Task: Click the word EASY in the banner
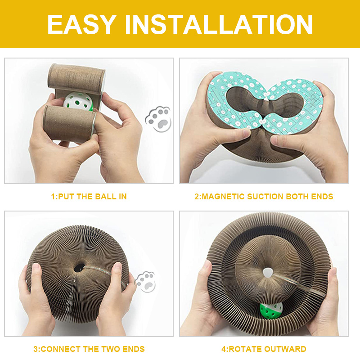[81, 24]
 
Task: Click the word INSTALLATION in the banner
[219, 24]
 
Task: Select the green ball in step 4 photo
[271, 310]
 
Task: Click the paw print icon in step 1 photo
[158, 119]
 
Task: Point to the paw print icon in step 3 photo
[145, 282]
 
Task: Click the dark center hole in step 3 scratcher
[79, 267]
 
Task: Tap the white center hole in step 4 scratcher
[267, 273]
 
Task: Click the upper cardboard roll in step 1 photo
[76, 77]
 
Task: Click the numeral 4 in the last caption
[224, 349]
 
